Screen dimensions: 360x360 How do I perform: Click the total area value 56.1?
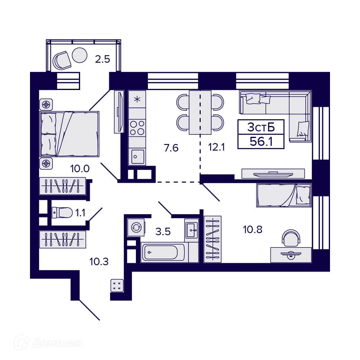[261, 141]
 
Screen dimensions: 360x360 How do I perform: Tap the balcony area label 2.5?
[103, 59]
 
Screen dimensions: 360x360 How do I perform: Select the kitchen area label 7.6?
[171, 148]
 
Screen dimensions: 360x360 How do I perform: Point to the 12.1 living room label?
[217, 147]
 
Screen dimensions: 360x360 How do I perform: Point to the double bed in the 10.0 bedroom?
[70, 134]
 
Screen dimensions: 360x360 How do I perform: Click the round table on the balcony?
[79, 55]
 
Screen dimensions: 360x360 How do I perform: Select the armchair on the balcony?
[62, 60]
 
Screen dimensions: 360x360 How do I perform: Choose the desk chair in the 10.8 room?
[291, 237]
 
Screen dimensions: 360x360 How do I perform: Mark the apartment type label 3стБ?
[261, 127]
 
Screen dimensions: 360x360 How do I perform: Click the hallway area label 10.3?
[99, 262]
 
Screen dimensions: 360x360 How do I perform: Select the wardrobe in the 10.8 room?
[212, 239]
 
